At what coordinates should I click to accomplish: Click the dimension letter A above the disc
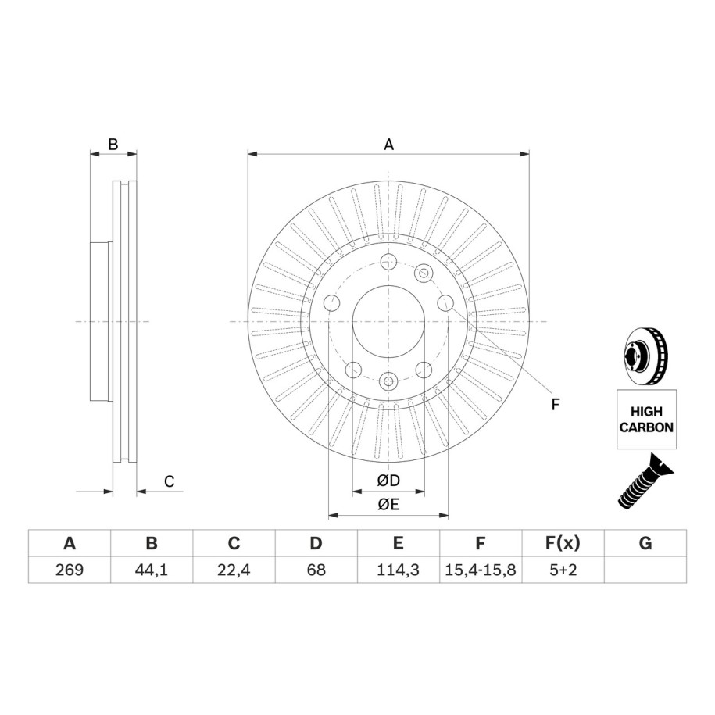tap(388, 145)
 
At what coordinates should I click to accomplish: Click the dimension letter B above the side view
tap(113, 145)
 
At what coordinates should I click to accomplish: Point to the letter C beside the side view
tap(169, 481)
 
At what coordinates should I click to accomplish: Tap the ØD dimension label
tap(388, 480)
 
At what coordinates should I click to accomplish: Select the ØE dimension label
tap(388, 504)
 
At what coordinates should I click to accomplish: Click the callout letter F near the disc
tap(555, 404)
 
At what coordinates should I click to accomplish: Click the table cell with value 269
tap(70, 570)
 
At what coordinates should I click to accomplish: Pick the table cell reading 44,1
tap(152, 570)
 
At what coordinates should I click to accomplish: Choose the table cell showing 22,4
tap(234, 570)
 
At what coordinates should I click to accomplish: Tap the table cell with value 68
tap(316, 570)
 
